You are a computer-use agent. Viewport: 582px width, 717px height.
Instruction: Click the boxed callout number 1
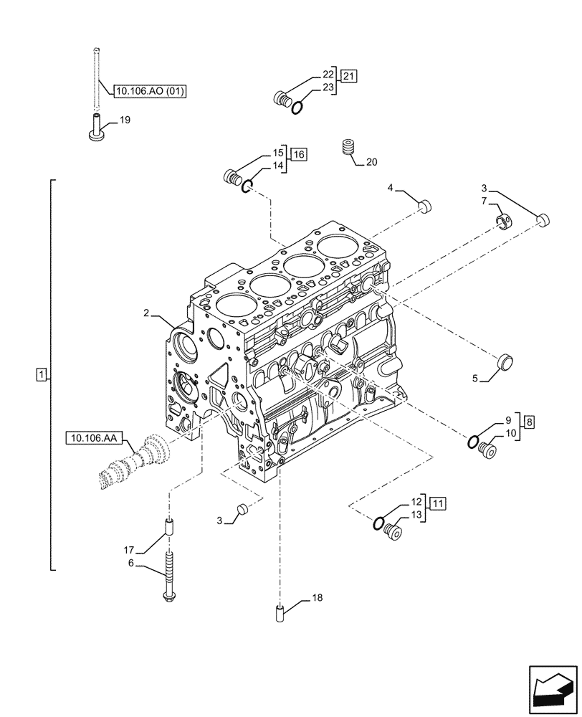click(x=42, y=374)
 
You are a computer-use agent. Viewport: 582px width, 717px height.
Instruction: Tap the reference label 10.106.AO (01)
click(x=148, y=91)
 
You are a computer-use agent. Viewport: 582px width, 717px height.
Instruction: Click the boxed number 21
click(x=348, y=76)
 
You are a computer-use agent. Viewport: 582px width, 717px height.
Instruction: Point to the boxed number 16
click(x=298, y=154)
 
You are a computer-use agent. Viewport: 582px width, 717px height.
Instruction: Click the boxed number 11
click(x=438, y=503)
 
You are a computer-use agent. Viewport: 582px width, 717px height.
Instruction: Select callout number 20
click(x=371, y=162)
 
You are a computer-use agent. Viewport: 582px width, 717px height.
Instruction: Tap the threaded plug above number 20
click(x=349, y=147)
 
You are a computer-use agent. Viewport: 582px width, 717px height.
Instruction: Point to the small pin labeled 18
click(x=281, y=614)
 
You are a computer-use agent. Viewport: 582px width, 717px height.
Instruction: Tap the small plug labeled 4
click(x=424, y=206)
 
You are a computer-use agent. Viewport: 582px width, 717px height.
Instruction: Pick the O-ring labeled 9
click(x=472, y=442)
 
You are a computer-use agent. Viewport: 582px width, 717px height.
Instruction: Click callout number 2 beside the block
click(x=145, y=313)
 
